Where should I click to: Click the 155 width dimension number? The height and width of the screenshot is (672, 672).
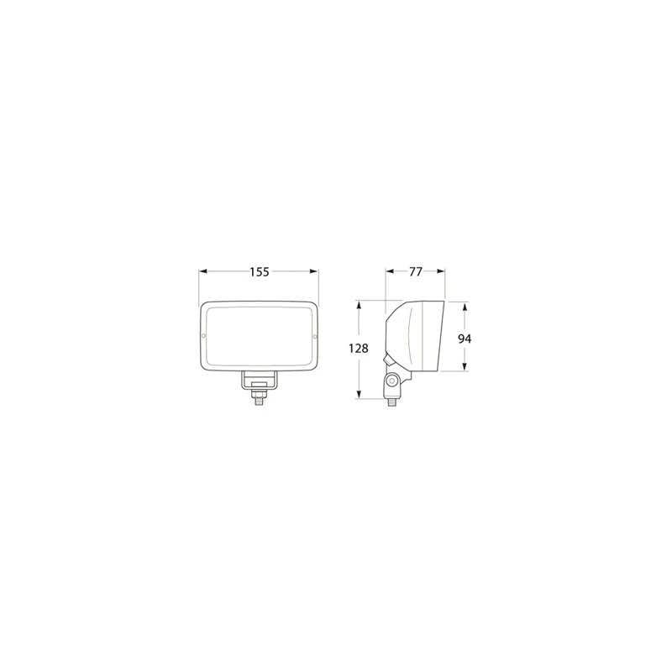[260, 271]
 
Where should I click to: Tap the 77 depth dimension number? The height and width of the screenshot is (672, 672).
[415, 271]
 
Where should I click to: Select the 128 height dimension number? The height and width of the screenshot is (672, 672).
[359, 349]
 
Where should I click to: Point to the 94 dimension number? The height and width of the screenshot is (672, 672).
[465, 339]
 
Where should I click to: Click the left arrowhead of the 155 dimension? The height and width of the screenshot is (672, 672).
[203, 271]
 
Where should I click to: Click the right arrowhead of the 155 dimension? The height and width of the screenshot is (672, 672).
[314, 271]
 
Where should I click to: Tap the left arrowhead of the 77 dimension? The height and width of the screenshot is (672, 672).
[390, 271]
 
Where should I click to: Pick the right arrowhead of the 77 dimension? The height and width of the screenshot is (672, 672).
[440, 271]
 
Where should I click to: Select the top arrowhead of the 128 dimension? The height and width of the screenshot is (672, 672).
[359, 305]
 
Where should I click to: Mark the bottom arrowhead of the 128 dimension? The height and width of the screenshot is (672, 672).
[359, 394]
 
